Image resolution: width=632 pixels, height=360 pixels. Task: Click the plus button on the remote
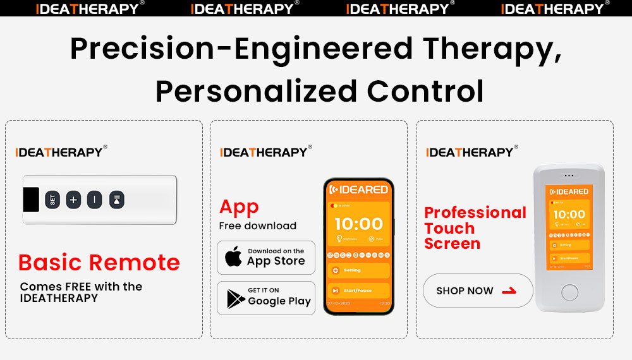pos(73,200)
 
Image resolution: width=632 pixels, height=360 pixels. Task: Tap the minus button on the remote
pos(94,200)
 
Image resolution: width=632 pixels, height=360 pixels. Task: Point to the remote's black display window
pos(32,200)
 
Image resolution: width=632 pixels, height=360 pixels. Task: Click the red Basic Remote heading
pos(99,262)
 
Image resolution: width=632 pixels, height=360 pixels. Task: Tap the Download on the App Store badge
pos(266,257)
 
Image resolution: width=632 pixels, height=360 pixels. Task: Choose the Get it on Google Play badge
pos(266,297)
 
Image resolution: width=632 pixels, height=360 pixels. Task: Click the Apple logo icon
pos(234,257)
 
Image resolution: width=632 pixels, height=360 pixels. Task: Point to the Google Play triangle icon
pos(235,298)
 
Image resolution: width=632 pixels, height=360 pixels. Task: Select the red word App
pos(239,207)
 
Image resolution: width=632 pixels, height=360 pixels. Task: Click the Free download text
pos(257,225)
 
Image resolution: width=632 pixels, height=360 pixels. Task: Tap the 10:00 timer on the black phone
pos(358,224)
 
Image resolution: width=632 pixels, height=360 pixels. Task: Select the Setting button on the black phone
pos(358,270)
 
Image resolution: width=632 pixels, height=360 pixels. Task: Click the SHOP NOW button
pos(477,291)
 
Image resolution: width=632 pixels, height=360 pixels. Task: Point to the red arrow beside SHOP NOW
pos(508,291)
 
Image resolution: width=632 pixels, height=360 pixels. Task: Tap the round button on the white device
pos(569,292)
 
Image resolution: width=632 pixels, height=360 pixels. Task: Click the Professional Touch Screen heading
pos(474,228)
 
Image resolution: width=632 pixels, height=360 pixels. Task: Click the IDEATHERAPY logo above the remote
pos(61,152)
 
